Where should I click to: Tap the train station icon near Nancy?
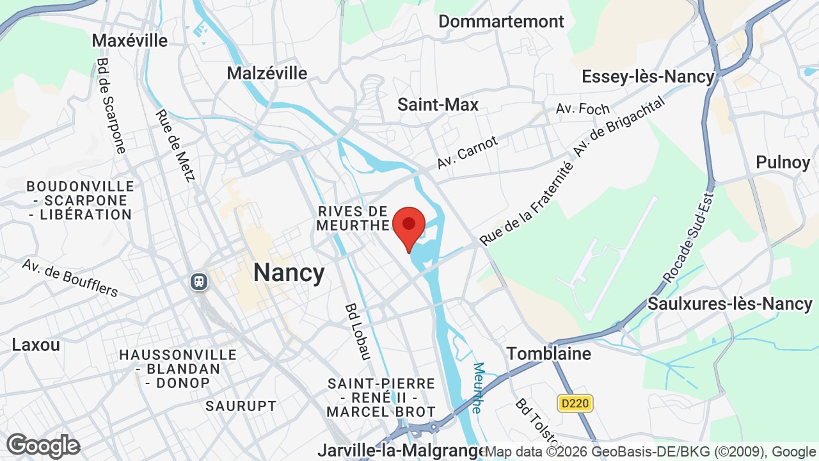[199, 282]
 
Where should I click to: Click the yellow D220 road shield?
[575, 403]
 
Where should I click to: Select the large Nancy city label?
[289, 273]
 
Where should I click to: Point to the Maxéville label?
[129, 40]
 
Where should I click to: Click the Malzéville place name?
[267, 73]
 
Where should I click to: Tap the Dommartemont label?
[501, 21]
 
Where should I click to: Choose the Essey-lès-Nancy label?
[648, 77]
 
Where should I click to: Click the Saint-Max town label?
[438, 104]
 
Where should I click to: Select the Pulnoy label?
[783, 162]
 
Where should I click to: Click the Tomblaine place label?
[549, 353]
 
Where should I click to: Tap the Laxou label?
[36, 344]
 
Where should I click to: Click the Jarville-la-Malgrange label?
[402, 450]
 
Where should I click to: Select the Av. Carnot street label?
[467, 153]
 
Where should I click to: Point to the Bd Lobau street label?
[358, 331]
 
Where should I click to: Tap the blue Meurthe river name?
[477, 388]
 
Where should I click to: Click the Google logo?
[43, 446]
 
